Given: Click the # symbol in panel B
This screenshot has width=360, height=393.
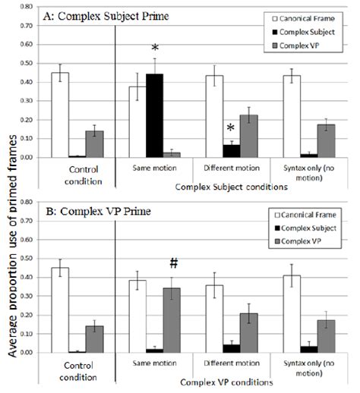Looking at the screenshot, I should [173, 263].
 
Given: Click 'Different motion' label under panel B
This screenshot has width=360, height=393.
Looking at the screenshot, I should [226, 365].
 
